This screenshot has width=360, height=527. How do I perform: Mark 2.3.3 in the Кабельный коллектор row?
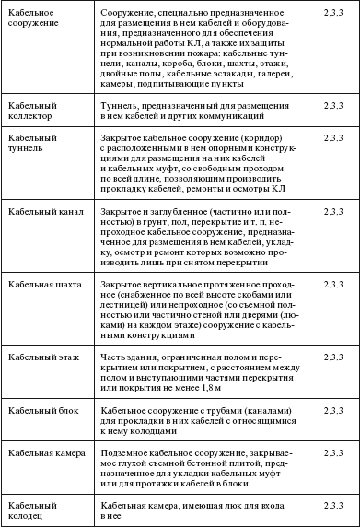[326, 109]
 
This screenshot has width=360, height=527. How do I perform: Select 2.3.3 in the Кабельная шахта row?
[326, 285]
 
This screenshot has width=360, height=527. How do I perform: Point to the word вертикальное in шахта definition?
[178, 285]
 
